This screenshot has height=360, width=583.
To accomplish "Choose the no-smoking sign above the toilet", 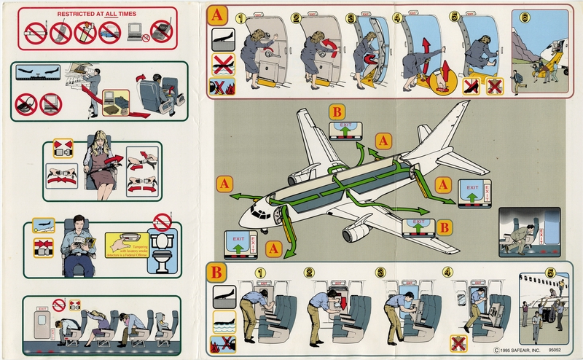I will tap(162, 221).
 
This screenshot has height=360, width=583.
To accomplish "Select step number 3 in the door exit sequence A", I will tap(351, 18).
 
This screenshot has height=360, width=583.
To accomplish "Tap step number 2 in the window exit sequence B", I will tap(309, 273).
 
